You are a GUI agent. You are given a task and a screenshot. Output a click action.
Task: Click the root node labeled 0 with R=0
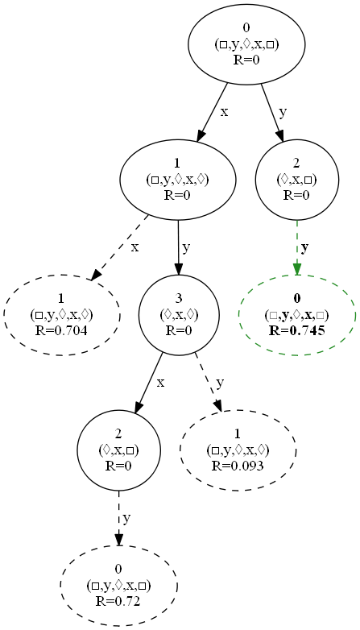click(x=247, y=45)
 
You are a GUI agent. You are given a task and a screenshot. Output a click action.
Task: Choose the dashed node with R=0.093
click(x=238, y=450)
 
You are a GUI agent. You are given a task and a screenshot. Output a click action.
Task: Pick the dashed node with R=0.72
click(x=118, y=586)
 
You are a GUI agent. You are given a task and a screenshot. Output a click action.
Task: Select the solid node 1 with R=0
click(x=177, y=180)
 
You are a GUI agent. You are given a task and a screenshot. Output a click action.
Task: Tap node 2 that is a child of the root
click(x=296, y=180)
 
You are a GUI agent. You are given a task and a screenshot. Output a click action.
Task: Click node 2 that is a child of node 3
click(x=118, y=450)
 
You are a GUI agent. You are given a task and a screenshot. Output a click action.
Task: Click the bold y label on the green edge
click(x=304, y=246)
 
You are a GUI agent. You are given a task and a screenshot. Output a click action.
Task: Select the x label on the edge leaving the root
click(x=224, y=111)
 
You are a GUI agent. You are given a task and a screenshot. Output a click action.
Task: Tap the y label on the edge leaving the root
click(x=283, y=111)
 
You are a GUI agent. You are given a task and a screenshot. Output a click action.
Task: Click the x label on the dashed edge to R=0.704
click(x=134, y=247)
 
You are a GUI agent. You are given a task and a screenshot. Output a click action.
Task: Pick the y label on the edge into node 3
click(x=187, y=247)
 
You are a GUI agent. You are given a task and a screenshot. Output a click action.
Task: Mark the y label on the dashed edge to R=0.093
click(x=221, y=382)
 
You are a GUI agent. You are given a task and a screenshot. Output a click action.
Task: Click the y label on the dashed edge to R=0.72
click(x=126, y=517)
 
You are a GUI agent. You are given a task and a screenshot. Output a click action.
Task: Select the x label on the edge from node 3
click(x=160, y=382)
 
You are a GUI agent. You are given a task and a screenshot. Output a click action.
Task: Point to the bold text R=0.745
click(x=296, y=329)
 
